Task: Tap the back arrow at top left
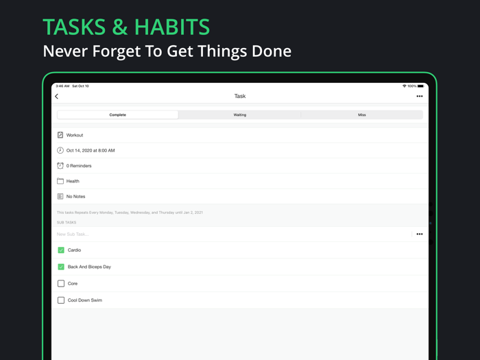click(x=57, y=97)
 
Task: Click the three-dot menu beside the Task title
click(x=420, y=97)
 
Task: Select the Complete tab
click(x=118, y=115)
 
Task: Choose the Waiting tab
click(x=239, y=115)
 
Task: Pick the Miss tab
click(x=361, y=115)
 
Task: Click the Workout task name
click(x=75, y=135)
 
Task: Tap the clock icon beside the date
click(x=60, y=150)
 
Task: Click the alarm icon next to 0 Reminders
click(x=60, y=166)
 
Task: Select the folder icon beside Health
click(x=60, y=181)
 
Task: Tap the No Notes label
click(x=76, y=197)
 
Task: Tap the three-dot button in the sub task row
click(x=420, y=235)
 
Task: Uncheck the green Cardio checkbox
click(x=61, y=250)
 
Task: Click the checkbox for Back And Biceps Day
click(x=61, y=267)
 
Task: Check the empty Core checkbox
click(x=61, y=283)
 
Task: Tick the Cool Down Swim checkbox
click(x=61, y=300)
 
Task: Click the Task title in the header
click(x=240, y=97)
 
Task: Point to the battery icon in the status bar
click(x=420, y=86)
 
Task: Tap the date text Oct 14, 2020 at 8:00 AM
click(x=91, y=150)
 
